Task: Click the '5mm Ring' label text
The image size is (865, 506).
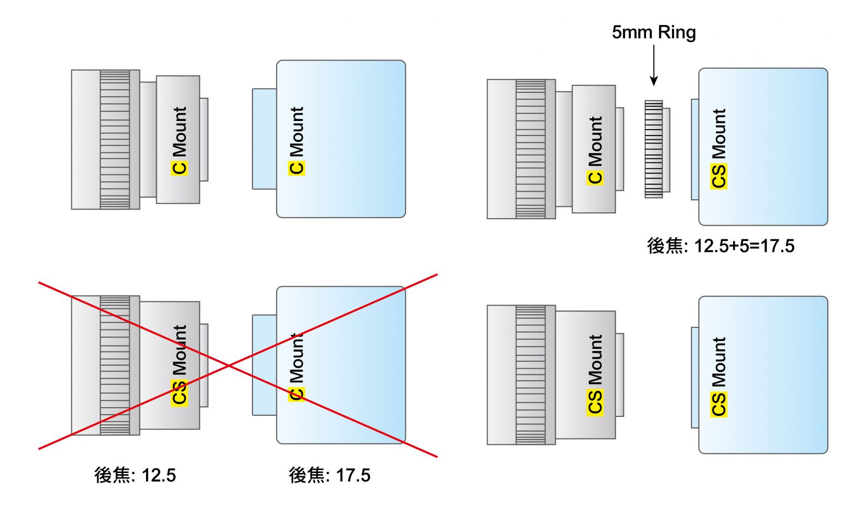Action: point(654,32)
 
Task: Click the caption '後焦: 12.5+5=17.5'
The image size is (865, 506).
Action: point(721,246)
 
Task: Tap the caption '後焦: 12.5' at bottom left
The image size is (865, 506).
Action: point(135,475)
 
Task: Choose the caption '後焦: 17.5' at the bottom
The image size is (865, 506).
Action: point(330,475)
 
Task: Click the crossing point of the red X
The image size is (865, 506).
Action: point(229,366)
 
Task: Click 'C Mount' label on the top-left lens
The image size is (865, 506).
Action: point(179,140)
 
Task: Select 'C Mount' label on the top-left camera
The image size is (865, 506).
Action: point(297,140)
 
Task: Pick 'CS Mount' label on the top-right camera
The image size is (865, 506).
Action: point(718,149)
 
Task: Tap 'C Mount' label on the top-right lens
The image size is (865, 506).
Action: point(595,150)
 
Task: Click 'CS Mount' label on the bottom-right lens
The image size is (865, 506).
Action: point(595,375)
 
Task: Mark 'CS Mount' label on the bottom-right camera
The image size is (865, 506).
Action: point(718,377)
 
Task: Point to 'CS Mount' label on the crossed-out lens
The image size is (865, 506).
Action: point(179,365)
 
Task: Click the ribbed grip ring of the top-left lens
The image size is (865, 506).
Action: point(115,139)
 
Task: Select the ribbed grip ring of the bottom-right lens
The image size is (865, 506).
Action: point(530,375)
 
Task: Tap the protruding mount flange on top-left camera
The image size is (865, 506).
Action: point(264,139)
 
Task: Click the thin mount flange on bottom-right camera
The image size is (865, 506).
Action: point(695,377)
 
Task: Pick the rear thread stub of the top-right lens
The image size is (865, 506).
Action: point(620,149)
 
